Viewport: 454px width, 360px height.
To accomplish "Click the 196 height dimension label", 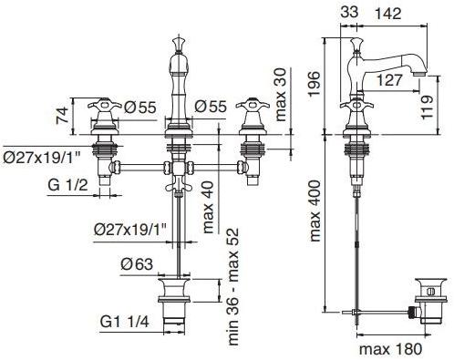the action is tap(314, 84).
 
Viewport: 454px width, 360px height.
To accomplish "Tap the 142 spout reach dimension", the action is tap(387, 14).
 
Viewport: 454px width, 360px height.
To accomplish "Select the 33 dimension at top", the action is tap(349, 13).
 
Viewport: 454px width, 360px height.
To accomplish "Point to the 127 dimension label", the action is tap(389, 80).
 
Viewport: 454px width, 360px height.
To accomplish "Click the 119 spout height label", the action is tap(427, 107).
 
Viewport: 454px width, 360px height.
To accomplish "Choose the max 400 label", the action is tap(315, 211).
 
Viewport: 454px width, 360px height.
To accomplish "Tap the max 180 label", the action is tap(390, 349).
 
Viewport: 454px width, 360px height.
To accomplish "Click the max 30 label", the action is tap(280, 95).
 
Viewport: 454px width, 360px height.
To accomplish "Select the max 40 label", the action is tap(208, 207).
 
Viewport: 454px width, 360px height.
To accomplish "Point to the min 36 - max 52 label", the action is tap(233, 286).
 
